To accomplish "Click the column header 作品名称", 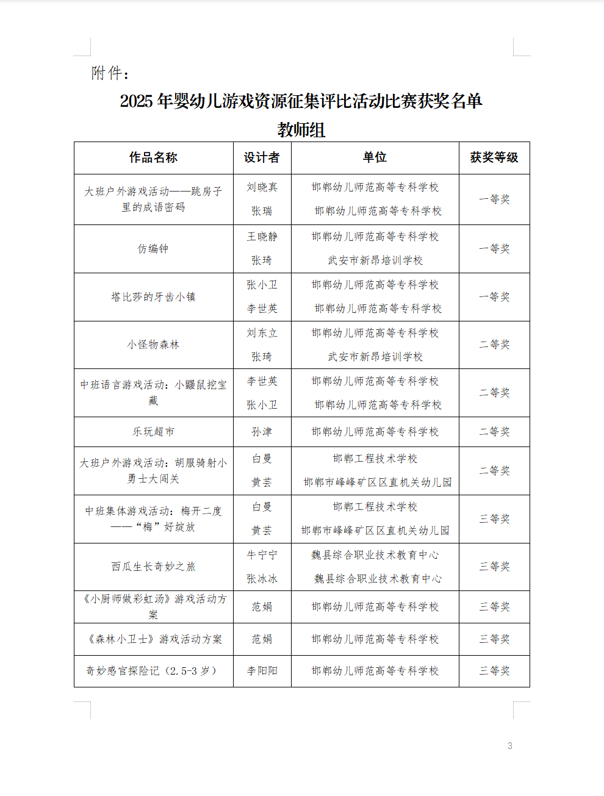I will pos(153,158).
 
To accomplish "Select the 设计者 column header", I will pos(262,158).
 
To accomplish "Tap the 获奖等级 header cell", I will pos(494,158).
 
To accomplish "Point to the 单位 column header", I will pos(375,158).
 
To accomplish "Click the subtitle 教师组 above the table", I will pos(301,130).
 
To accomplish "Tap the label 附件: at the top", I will pos(110,74).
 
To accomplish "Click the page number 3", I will pos(510,746).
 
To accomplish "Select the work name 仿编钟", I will pos(153,249).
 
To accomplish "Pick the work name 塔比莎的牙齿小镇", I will pos(153,297).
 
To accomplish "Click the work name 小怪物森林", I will pos(153,345).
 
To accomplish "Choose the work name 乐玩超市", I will pos(153,432).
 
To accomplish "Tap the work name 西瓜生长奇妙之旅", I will pos(153,567).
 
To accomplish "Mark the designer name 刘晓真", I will pos(262,187).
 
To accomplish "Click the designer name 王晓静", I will pos(262,237).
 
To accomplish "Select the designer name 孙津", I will pos(262,432).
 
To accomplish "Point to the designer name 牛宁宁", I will pos(262,555).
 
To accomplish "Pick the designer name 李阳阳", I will pos(262,671).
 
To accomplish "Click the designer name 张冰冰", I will pos(262,579).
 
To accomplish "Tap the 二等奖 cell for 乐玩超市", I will pos(494,432).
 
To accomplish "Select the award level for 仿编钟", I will pos(494,249).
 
